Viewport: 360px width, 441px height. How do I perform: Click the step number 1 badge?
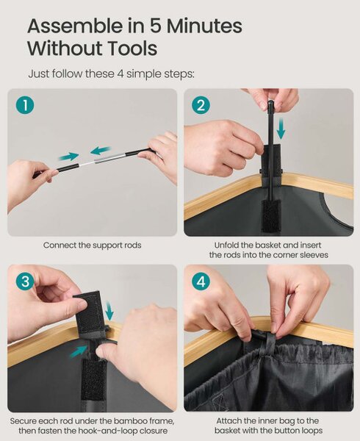pos(25,105)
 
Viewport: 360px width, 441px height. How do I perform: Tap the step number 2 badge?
pos(201,105)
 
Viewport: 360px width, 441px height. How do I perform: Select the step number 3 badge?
pos(25,282)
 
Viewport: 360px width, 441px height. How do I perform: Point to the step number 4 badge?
pos(201,282)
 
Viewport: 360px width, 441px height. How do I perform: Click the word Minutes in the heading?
pos(204,26)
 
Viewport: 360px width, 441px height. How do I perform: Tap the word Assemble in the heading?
pos(75,26)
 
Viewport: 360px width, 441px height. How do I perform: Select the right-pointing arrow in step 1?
pos(68,156)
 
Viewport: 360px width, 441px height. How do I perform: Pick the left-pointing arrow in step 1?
pos(101,151)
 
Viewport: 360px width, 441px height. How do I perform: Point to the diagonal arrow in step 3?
pos(79,351)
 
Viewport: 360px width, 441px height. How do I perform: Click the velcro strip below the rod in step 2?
pos(270,217)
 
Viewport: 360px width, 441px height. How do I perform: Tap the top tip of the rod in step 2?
pos(270,101)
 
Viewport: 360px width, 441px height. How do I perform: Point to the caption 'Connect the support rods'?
pos(92,245)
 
